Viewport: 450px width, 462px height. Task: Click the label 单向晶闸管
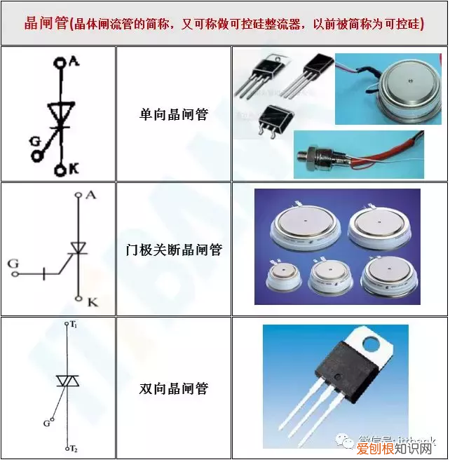(x=174, y=114)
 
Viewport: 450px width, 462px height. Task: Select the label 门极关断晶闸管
(x=173, y=249)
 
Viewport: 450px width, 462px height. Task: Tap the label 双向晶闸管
(x=174, y=388)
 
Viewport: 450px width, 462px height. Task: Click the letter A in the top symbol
(x=74, y=62)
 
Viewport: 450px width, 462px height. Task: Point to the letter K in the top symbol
(x=73, y=169)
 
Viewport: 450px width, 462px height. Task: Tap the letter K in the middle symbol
(x=92, y=301)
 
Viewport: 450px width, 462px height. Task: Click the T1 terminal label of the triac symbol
(x=73, y=327)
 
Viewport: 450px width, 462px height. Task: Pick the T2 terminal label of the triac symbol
(x=73, y=447)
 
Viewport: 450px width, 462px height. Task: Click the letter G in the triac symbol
(x=47, y=423)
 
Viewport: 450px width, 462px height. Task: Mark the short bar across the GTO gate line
(x=44, y=273)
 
